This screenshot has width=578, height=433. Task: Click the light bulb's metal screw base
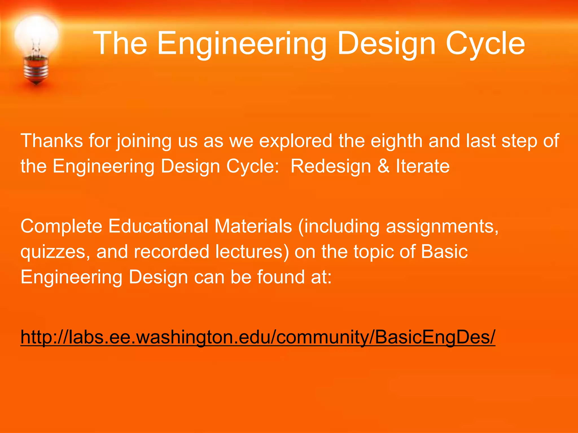(36, 69)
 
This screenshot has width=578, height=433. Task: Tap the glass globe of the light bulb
(36, 35)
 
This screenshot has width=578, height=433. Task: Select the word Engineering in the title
(242, 44)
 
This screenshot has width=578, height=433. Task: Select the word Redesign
(330, 166)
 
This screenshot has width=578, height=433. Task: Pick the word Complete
(61, 226)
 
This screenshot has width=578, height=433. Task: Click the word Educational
(158, 226)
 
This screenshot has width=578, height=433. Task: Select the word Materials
(253, 226)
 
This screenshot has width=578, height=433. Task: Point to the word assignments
(442, 226)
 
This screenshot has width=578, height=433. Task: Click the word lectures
(252, 251)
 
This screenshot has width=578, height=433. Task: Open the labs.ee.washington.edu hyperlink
(258, 337)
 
